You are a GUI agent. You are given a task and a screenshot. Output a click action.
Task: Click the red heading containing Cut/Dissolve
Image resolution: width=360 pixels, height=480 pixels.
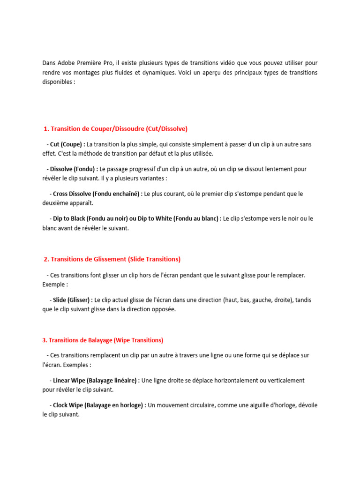tap(115, 128)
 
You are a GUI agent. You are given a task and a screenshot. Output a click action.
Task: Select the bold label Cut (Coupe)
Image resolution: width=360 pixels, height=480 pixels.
tap(67, 144)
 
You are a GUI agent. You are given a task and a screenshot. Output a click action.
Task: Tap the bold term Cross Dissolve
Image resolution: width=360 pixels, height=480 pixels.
tap(72, 194)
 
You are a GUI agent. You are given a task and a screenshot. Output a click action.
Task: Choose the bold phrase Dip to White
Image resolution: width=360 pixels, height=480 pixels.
tap(155, 218)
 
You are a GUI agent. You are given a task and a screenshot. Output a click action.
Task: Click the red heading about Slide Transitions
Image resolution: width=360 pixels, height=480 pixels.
tap(112, 259)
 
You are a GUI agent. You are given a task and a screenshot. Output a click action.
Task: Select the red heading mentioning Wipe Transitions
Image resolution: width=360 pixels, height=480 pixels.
tap(103, 340)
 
